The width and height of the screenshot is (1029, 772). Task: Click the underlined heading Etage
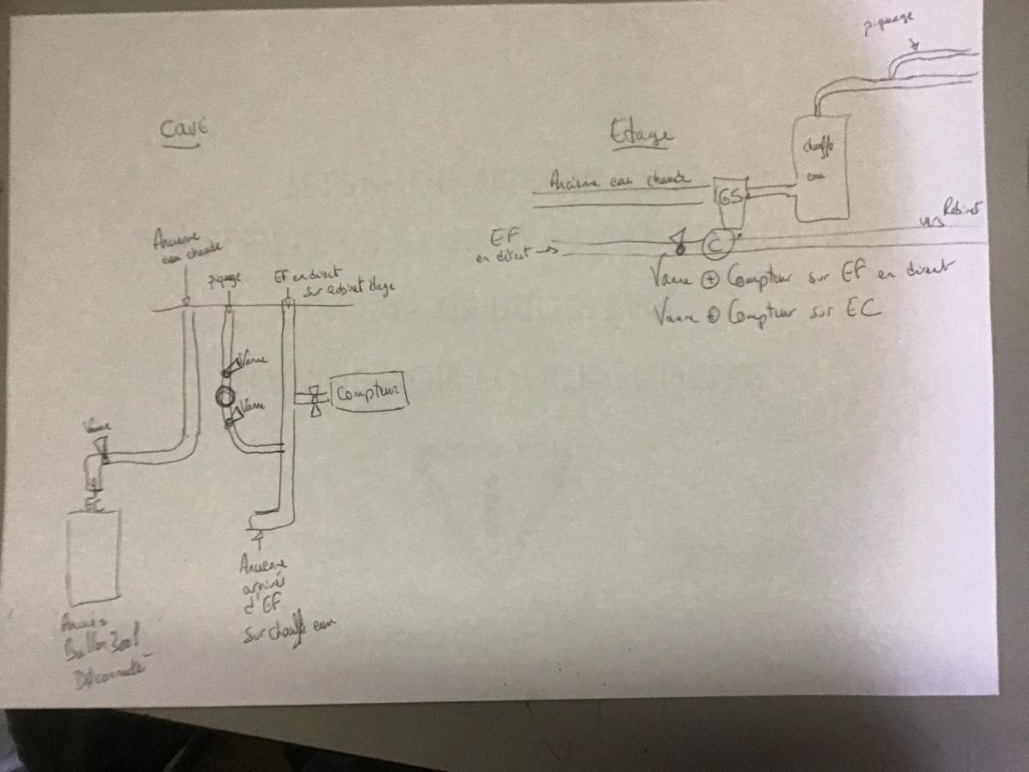click(x=639, y=133)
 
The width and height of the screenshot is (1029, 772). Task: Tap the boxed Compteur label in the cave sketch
click(x=368, y=393)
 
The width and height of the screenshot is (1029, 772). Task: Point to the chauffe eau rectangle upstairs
click(x=822, y=167)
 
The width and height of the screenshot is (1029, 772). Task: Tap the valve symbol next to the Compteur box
click(x=314, y=400)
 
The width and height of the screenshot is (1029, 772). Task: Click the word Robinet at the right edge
click(x=964, y=210)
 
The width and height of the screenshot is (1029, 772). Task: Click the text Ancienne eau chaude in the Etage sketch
click(x=619, y=180)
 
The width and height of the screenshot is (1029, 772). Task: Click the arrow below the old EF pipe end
click(x=257, y=535)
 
